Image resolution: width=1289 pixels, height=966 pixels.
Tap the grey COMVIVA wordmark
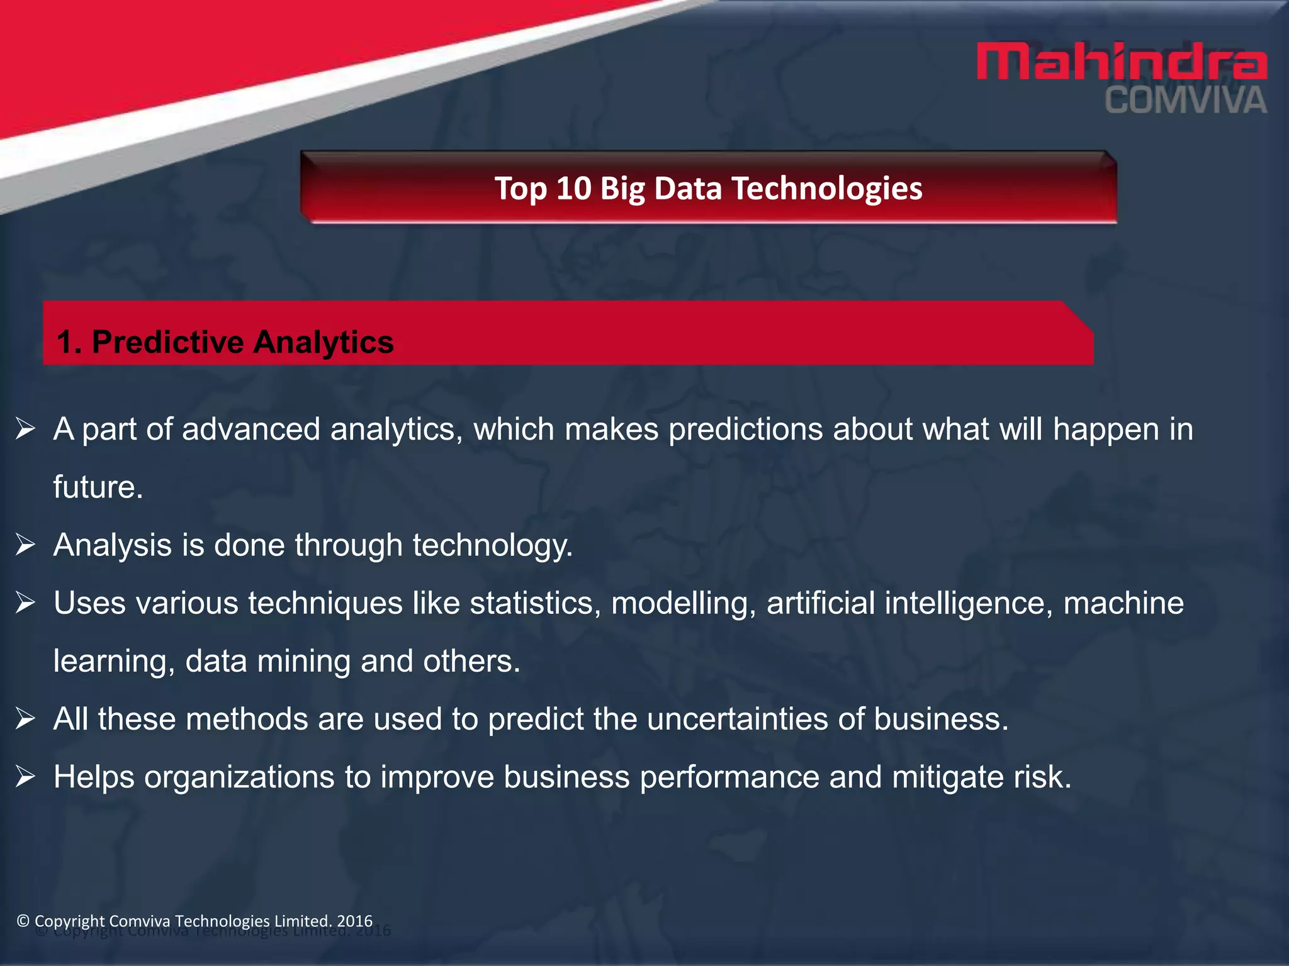pos(1185,101)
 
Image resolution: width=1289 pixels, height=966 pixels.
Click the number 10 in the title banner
pos(573,188)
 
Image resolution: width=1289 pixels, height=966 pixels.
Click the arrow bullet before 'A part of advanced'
pos(25,429)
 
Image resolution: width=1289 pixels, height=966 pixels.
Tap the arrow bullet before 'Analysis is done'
pos(25,545)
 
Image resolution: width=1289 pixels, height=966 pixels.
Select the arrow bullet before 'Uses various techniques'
pos(25,602)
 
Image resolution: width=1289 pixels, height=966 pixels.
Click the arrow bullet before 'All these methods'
pos(25,718)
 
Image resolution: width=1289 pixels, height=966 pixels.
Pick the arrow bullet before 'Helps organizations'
pos(25,776)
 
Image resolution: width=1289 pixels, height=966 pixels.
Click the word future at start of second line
pos(98,487)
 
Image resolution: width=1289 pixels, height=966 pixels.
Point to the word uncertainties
pos(737,719)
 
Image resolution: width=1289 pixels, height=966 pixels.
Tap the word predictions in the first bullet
pos(745,430)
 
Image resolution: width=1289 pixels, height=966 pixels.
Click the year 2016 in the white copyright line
pos(355,921)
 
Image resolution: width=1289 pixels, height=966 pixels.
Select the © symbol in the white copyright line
pos(23,921)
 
